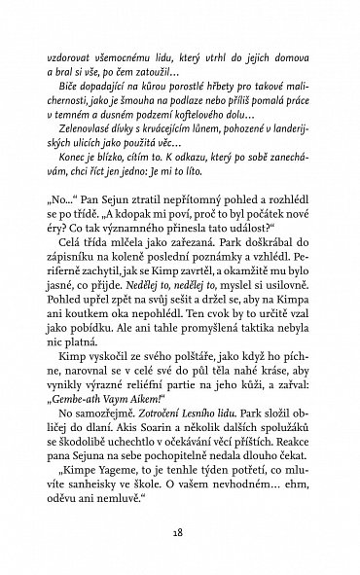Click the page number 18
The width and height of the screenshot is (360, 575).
tap(180, 532)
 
